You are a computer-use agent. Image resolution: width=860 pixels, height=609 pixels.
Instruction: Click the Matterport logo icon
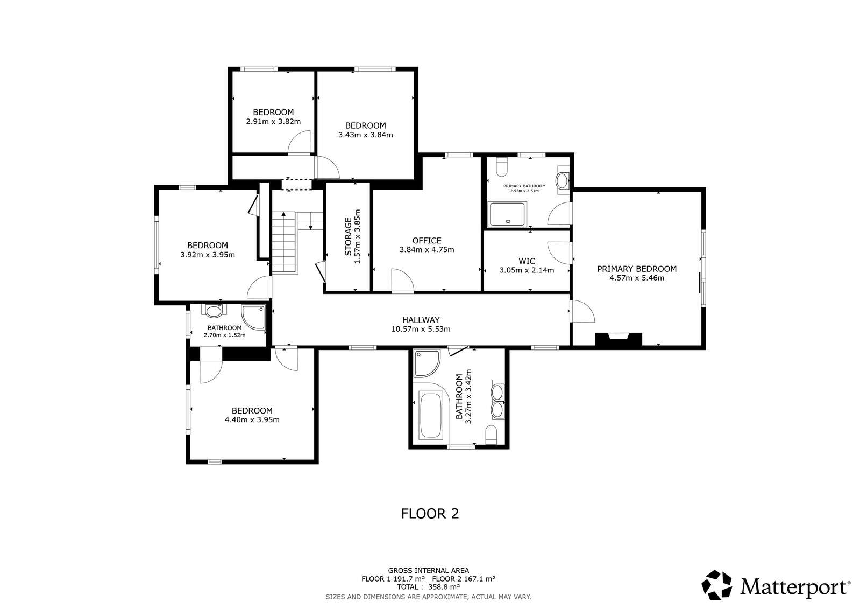tap(716, 585)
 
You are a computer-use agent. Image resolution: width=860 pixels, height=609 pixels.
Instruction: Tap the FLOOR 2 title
tap(430, 514)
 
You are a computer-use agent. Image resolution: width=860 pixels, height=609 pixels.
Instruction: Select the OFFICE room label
tap(427, 241)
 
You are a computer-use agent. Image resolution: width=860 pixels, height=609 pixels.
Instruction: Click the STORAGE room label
tap(348, 236)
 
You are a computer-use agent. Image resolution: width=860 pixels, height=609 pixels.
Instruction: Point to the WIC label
tap(527, 261)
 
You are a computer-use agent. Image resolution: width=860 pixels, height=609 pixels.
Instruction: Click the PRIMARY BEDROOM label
tap(637, 269)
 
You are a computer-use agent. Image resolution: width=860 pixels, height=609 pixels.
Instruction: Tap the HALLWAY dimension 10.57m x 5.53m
tap(421, 329)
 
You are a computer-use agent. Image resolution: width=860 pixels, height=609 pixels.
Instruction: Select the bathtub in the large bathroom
tap(431, 416)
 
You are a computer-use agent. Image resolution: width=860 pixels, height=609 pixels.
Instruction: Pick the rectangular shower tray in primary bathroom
tap(507, 214)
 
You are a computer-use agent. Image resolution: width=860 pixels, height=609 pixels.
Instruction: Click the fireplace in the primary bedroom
tap(618, 339)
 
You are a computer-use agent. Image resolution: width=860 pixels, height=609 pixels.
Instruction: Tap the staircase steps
tap(285, 243)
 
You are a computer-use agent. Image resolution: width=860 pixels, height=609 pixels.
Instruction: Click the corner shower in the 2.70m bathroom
tap(253, 317)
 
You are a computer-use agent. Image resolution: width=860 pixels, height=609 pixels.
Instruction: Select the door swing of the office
tap(402, 280)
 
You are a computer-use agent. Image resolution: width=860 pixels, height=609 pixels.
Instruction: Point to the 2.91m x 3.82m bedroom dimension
tap(273, 122)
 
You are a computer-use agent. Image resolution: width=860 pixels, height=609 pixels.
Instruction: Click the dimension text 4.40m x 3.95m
tap(252, 420)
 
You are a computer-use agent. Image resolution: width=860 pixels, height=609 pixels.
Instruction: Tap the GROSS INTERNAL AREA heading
tap(428, 571)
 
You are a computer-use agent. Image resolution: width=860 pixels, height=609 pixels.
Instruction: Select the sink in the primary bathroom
tap(563, 180)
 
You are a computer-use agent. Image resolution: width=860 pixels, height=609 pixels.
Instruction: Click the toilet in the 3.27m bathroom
tap(491, 435)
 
